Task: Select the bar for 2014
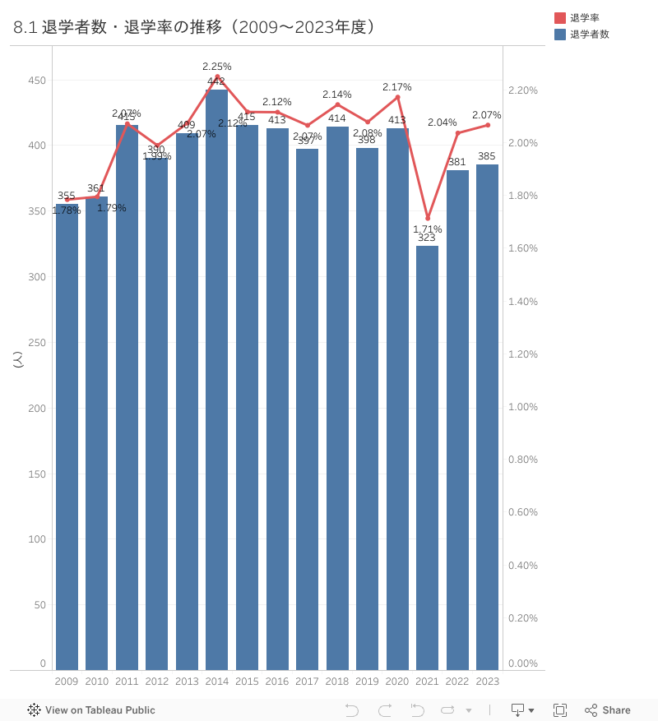pos(217,379)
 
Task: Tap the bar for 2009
pos(67,437)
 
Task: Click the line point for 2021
pos(428,218)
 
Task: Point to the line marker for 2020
pos(398,97)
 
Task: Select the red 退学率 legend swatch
pos(560,18)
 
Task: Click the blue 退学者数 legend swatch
pos(560,35)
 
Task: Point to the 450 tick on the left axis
pos(37,81)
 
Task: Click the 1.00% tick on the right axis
pos(524,407)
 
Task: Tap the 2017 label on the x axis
pos(307,681)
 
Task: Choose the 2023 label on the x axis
pos(488,681)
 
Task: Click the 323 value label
pos(427,238)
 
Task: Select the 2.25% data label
pos(217,67)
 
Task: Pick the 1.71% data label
pos(428,229)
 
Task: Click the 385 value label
pos(487,157)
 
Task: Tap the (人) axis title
pos(18,359)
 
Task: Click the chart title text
pos(195,27)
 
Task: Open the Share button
pos(608,710)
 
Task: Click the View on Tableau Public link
pos(91,710)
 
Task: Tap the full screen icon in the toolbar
pos(560,710)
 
